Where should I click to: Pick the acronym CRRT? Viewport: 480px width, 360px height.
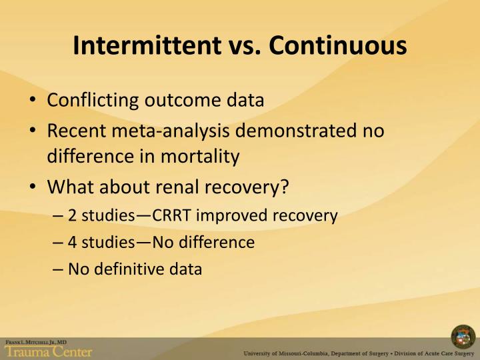pyautogui.click(x=174, y=215)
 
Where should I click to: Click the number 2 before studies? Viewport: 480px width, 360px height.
pyautogui.click(x=72, y=215)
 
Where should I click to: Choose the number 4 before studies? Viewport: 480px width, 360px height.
pyautogui.click(x=72, y=242)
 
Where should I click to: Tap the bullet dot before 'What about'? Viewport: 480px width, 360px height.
pyautogui.click(x=33, y=187)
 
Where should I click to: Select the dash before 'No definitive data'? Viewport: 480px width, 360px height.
pyautogui.click(x=57, y=269)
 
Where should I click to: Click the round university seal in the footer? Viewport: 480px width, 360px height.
pyautogui.click(x=463, y=337)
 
